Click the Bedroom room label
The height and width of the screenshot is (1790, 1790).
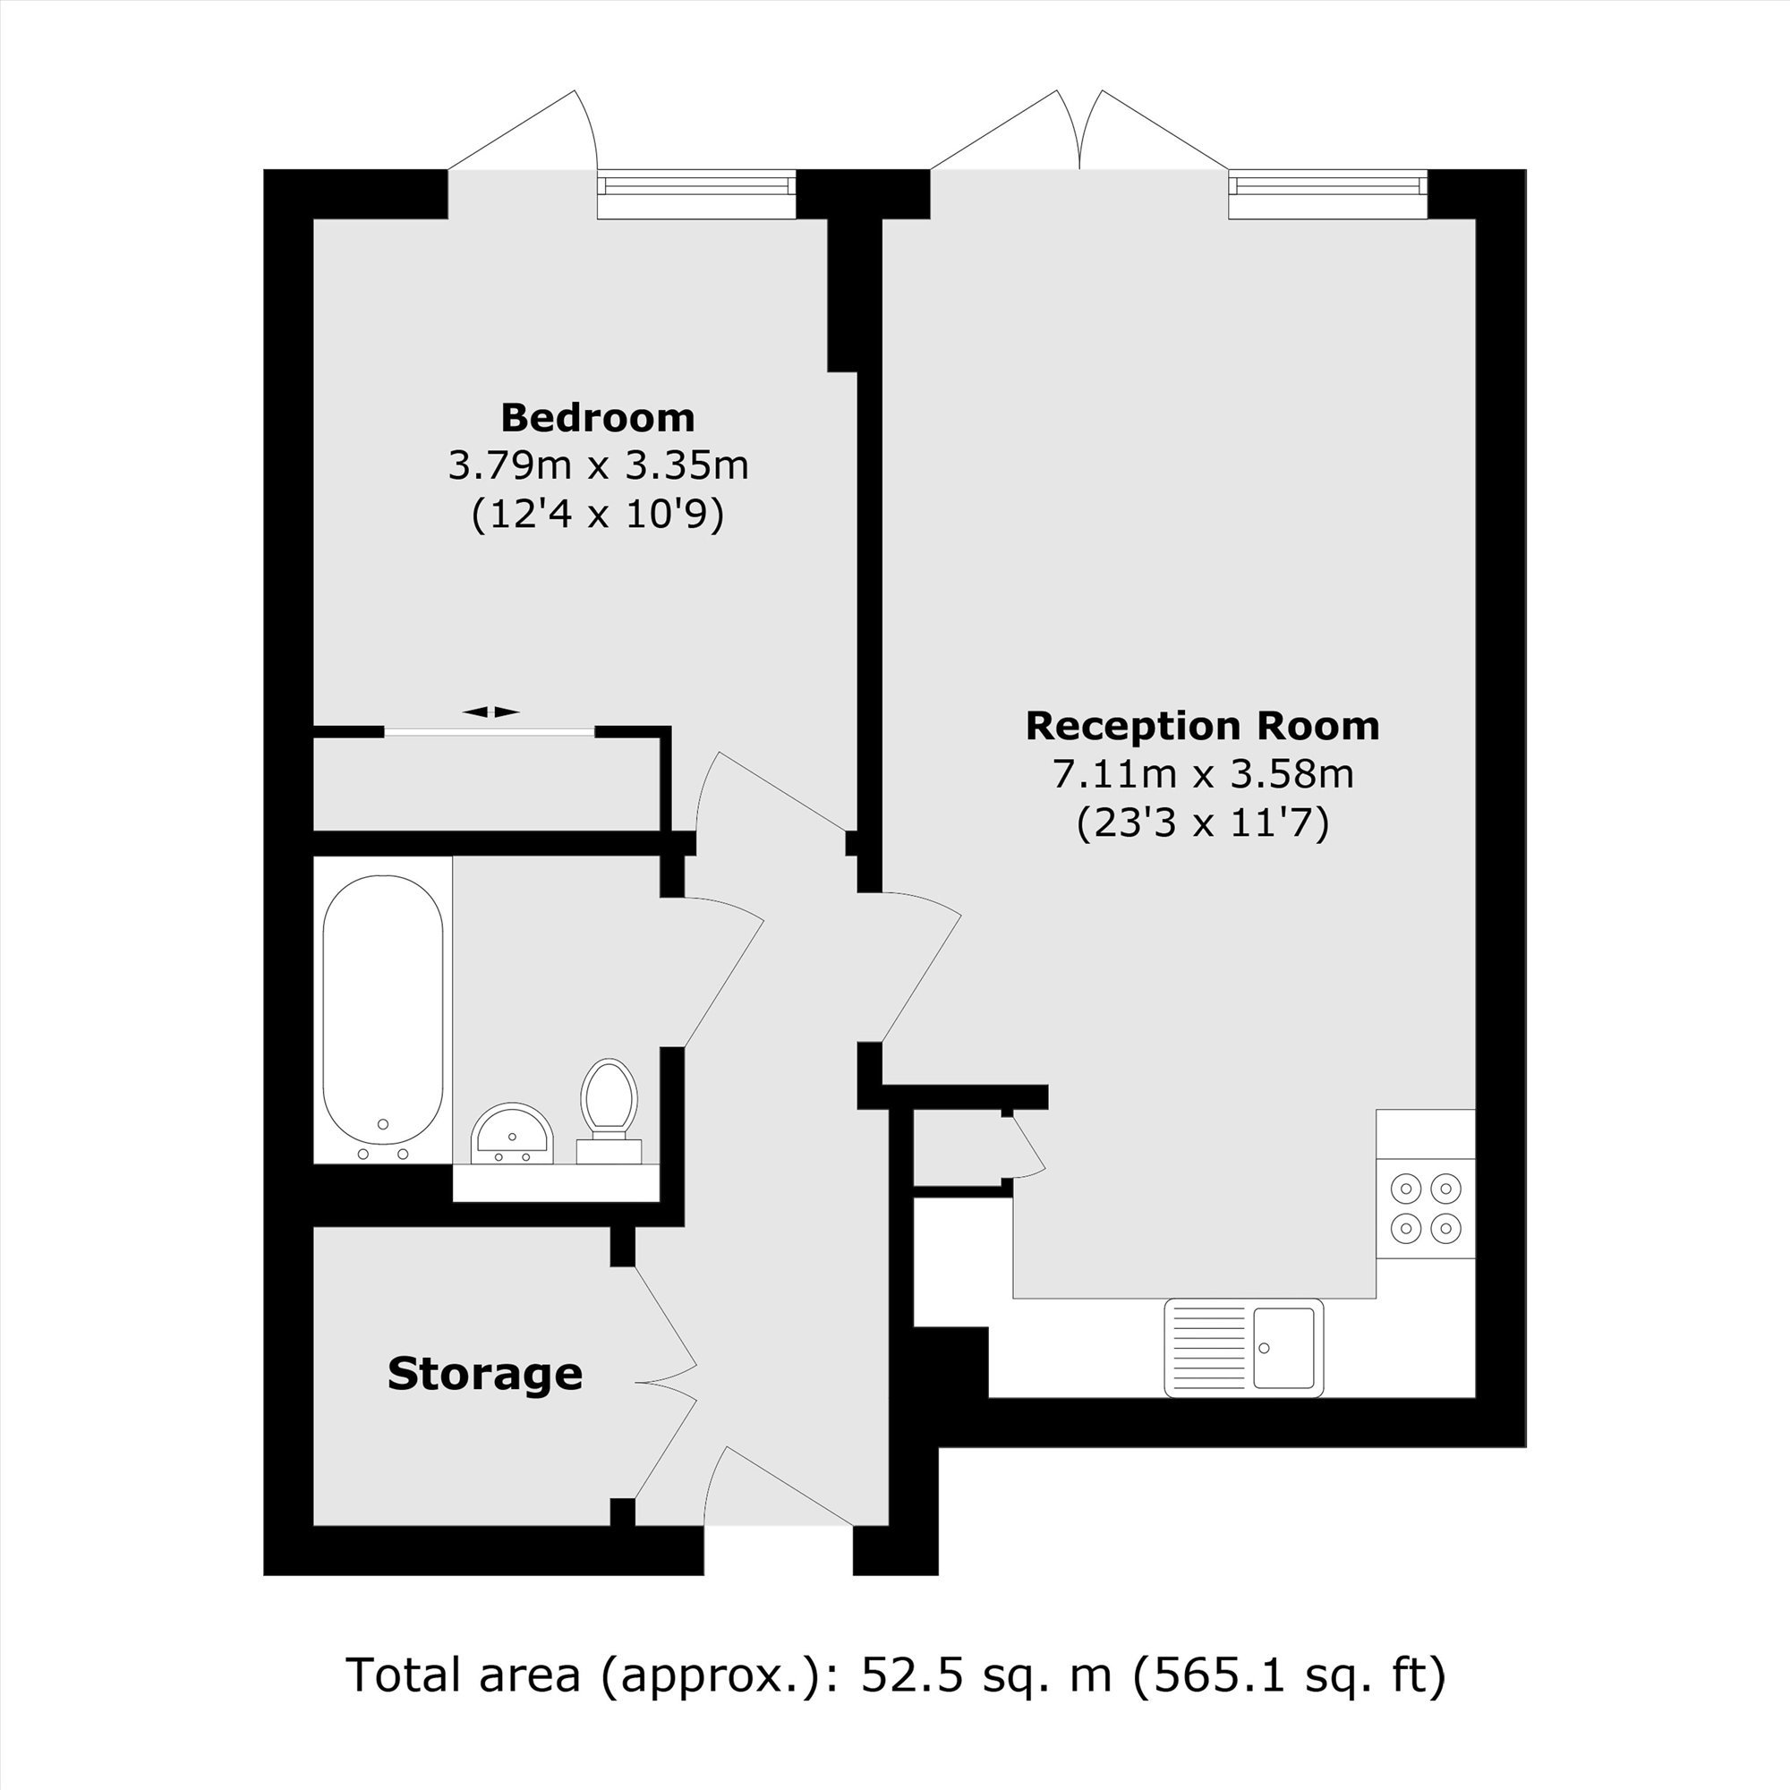point(598,418)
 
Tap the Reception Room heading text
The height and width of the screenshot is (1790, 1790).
point(1203,726)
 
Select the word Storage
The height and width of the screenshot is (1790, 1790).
point(484,1374)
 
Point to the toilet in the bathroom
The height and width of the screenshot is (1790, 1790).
point(609,1111)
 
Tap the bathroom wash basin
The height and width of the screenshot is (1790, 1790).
point(512,1132)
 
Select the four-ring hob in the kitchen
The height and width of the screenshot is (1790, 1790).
point(1425,1208)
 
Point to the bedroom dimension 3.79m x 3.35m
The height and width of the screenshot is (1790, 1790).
point(599,465)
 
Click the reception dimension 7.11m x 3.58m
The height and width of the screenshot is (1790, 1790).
point(1203,773)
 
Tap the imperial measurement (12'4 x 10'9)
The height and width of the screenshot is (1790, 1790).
point(598,515)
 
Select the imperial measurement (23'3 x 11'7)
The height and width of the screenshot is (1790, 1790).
point(1203,823)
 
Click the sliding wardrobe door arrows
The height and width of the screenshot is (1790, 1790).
point(490,712)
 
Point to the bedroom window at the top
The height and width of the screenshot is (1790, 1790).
point(695,194)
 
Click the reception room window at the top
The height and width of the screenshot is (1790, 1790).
point(1327,194)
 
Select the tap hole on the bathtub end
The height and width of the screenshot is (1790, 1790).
point(383,1124)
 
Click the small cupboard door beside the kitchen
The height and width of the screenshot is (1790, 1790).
point(1026,1146)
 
